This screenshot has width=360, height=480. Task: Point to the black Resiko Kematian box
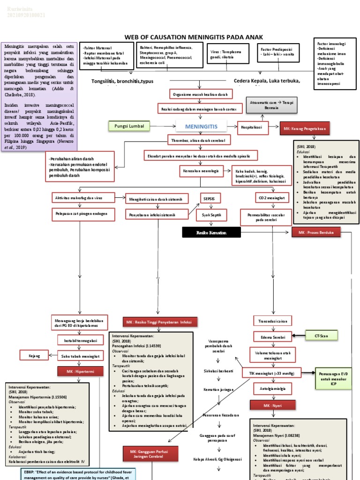pyautogui.click(x=211, y=232)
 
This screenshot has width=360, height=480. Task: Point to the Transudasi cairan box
pyautogui.click(x=272, y=321)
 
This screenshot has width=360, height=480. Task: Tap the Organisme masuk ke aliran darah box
pyautogui.click(x=200, y=94)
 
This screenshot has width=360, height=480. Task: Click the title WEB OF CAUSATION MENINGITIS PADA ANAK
pyautogui.click(x=193, y=37)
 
